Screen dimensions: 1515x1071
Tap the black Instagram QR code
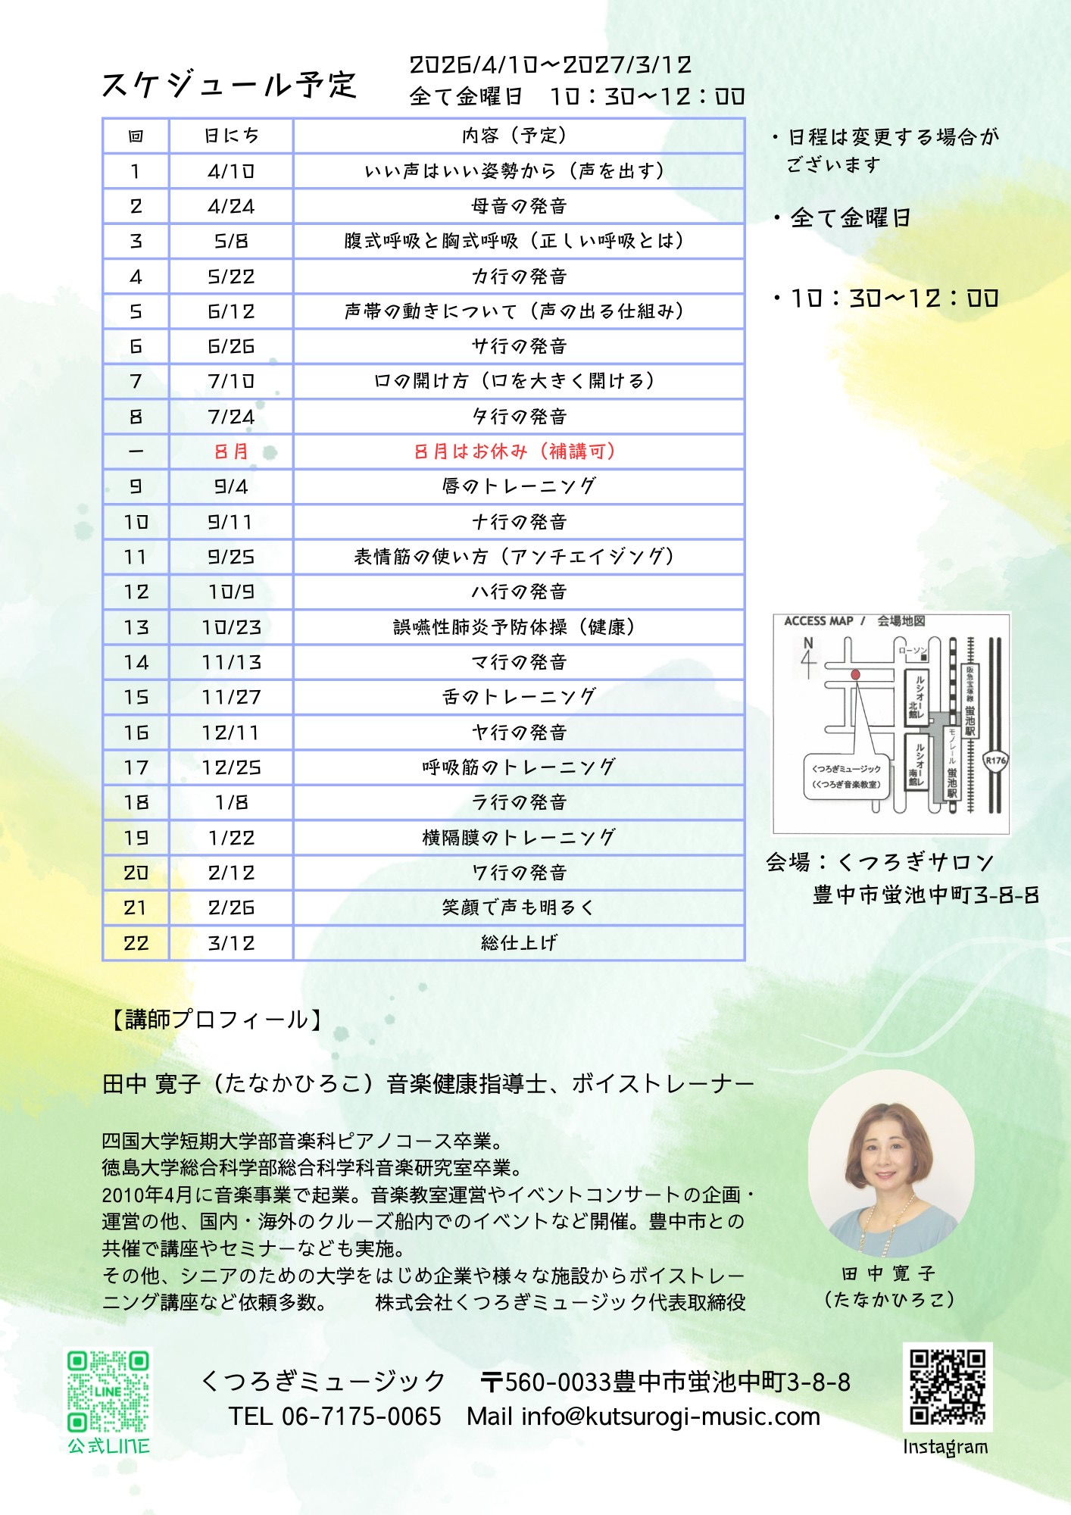pyautogui.click(x=947, y=1387)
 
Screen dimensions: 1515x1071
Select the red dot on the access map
pyautogui.click(x=855, y=674)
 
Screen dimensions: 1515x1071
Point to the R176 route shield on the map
pyautogui.click(x=995, y=761)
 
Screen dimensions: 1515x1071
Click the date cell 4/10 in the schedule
pyautogui.click(x=231, y=171)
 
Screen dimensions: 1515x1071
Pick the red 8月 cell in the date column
pyautogui.click(x=231, y=451)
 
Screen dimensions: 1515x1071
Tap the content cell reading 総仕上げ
pyautogui.click(x=519, y=943)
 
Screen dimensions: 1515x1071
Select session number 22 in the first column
pyautogui.click(x=136, y=943)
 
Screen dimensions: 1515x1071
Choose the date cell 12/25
pyautogui.click(x=231, y=767)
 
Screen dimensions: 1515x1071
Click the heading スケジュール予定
pyautogui.click(x=229, y=85)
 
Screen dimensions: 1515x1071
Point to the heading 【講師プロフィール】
pyautogui.click(x=217, y=1020)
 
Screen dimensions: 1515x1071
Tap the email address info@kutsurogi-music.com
pyautogui.click(x=670, y=1417)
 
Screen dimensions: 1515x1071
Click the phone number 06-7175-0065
pyautogui.click(x=361, y=1417)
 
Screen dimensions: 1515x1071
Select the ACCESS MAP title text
pyautogui.click(x=819, y=621)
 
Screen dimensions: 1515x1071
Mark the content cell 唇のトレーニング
pyautogui.click(x=519, y=486)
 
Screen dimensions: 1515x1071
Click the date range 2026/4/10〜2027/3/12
pyautogui.click(x=551, y=65)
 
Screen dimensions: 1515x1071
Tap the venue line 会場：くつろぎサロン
pyautogui.click(x=879, y=862)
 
